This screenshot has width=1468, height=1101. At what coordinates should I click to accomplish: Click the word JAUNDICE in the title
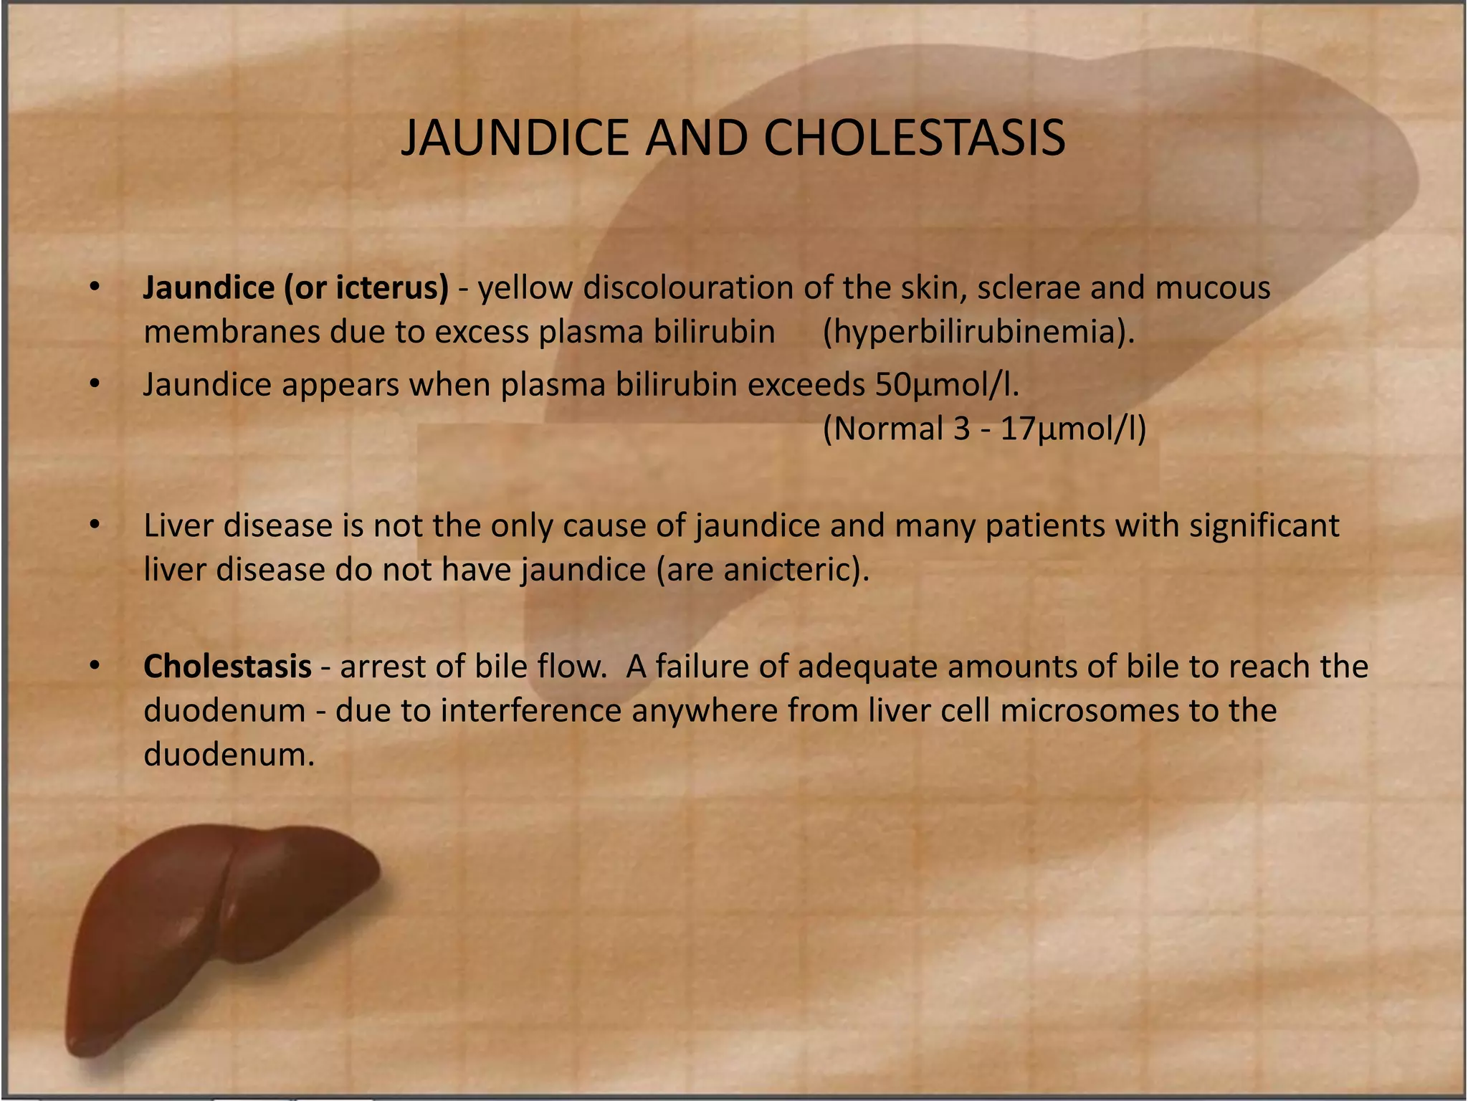pos(516,138)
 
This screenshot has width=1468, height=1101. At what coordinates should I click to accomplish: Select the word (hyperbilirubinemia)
pos(978,332)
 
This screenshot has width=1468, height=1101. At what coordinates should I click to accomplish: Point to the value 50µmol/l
pos(946,385)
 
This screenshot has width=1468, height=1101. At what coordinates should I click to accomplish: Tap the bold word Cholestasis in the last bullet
pos(227,667)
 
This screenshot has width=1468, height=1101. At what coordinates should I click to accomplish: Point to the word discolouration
pos(687,287)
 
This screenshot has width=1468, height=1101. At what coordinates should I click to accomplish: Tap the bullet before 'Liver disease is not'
pos(94,525)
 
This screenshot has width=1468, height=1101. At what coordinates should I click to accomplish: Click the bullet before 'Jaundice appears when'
pos(94,385)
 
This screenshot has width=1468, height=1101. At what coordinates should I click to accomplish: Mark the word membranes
pos(231,332)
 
